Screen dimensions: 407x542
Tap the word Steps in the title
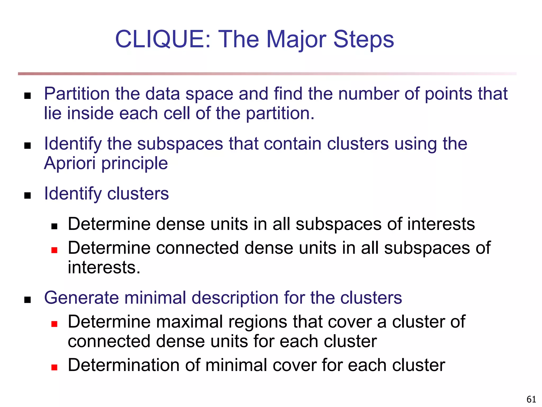click(364, 39)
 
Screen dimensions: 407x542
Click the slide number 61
click(531, 399)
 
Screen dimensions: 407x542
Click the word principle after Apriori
click(135, 163)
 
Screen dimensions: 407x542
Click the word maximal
click(189, 322)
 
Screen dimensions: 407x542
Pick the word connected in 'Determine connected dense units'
click(197, 248)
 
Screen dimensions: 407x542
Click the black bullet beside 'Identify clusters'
click(28, 196)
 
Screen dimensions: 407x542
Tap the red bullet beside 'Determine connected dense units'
click(55, 250)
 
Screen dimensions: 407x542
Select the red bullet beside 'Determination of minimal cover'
click(55, 367)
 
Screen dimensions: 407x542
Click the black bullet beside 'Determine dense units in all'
click(55, 226)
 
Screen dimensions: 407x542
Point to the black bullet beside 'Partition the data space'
click(28, 96)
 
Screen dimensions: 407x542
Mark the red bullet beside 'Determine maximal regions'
click(55, 324)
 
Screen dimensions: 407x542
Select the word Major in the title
click(296, 39)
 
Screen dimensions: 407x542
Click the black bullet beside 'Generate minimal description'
click(28, 300)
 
